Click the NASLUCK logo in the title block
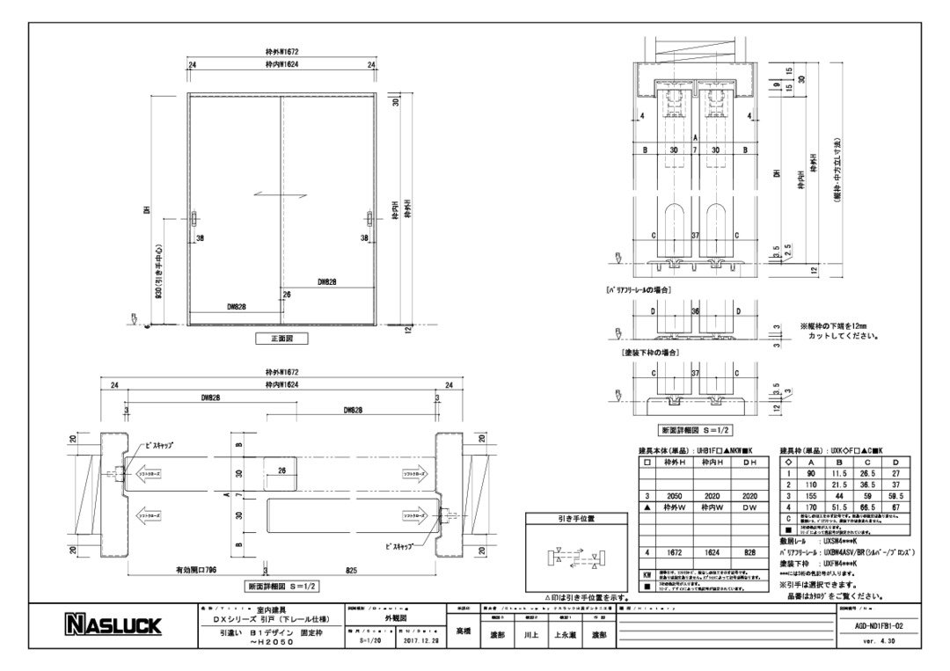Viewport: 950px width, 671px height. pos(113,625)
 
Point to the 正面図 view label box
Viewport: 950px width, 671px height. pos(280,339)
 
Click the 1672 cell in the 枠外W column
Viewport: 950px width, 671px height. pos(675,552)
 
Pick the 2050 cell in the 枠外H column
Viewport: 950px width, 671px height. pos(675,496)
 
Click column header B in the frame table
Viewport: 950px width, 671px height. pos(841,462)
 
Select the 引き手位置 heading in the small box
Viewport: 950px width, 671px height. pos(576,519)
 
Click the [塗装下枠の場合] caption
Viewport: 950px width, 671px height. pos(649,352)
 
